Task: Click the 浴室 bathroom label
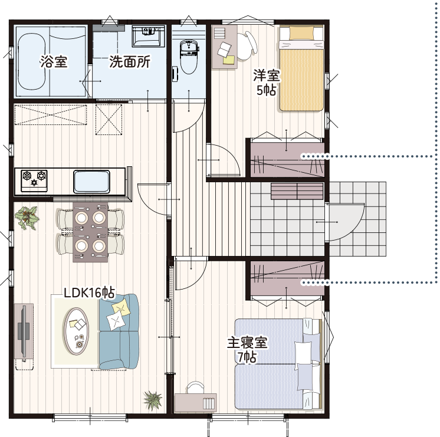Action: (54, 61)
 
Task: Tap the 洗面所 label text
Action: (130, 61)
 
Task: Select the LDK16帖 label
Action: (89, 293)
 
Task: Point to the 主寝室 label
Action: (247, 343)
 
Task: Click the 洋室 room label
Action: (267, 75)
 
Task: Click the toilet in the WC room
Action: (189, 57)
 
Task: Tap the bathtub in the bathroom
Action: (31, 62)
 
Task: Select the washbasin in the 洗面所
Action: (148, 36)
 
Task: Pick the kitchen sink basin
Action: (91, 182)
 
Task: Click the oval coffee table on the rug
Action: (75, 331)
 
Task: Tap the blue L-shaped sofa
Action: (119, 331)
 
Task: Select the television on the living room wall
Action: (24, 331)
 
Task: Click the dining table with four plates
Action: (90, 232)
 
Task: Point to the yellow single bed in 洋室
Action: (301, 68)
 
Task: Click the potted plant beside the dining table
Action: (27, 218)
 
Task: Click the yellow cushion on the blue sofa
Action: (122, 308)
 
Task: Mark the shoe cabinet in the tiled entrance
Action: (297, 192)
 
